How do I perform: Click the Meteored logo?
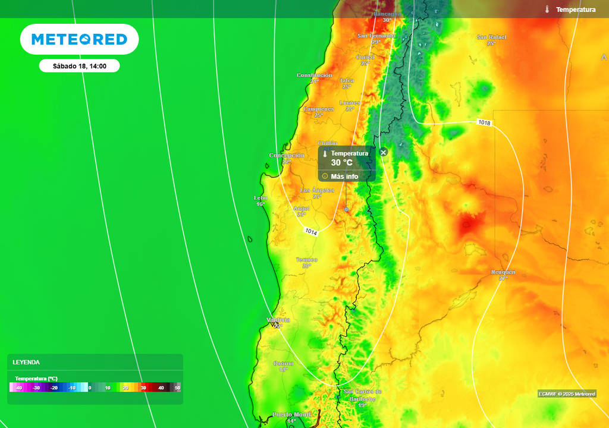(79, 39)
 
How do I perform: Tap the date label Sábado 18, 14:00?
(79, 66)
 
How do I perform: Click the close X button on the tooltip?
(383, 152)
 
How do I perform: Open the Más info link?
(344, 176)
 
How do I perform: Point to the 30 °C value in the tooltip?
(341, 162)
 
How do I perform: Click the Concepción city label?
(287, 155)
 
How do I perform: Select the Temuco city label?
(307, 260)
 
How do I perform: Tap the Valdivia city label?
(278, 319)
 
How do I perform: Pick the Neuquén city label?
(503, 272)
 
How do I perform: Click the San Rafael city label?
(492, 37)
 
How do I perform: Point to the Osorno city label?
(283, 363)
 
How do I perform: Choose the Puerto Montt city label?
(291, 414)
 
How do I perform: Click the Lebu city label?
(260, 197)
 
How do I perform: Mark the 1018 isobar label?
(484, 122)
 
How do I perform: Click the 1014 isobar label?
(311, 231)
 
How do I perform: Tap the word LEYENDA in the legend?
(26, 362)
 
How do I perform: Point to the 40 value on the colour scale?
(161, 388)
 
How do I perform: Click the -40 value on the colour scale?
(19, 388)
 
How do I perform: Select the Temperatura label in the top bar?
(575, 10)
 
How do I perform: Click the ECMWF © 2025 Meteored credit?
(567, 394)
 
